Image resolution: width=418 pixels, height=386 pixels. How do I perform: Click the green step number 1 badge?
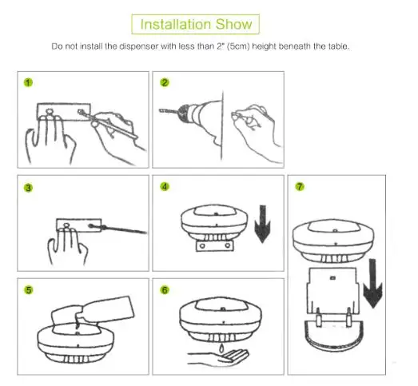pos(28,82)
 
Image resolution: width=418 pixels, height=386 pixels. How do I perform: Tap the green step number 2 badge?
pos(165,82)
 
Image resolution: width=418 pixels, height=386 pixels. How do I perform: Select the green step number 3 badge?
pos(28,188)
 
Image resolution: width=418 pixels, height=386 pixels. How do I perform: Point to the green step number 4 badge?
pos(165,186)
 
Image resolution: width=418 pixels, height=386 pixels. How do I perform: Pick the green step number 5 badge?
pos(29,290)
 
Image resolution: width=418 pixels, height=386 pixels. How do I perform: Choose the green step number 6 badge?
pos(165,290)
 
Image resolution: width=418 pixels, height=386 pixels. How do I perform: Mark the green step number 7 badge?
pos(300,186)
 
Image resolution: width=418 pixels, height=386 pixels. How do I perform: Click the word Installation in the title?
pos(176,24)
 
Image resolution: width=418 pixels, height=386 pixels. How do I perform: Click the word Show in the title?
pos(234,24)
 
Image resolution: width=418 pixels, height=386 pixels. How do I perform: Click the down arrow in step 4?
pos(263,224)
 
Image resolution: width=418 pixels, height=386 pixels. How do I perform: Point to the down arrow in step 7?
pos(372,283)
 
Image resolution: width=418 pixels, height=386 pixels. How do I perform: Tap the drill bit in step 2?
pos(169,111)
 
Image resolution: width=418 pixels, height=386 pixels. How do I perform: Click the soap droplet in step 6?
pos(221,348)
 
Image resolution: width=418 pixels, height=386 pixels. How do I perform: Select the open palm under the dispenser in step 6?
pos(219,358)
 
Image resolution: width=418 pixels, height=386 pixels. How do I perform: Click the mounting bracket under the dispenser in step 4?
pos(215,245)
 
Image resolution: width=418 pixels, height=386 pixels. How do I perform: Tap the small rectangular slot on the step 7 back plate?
pos(332,278)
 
